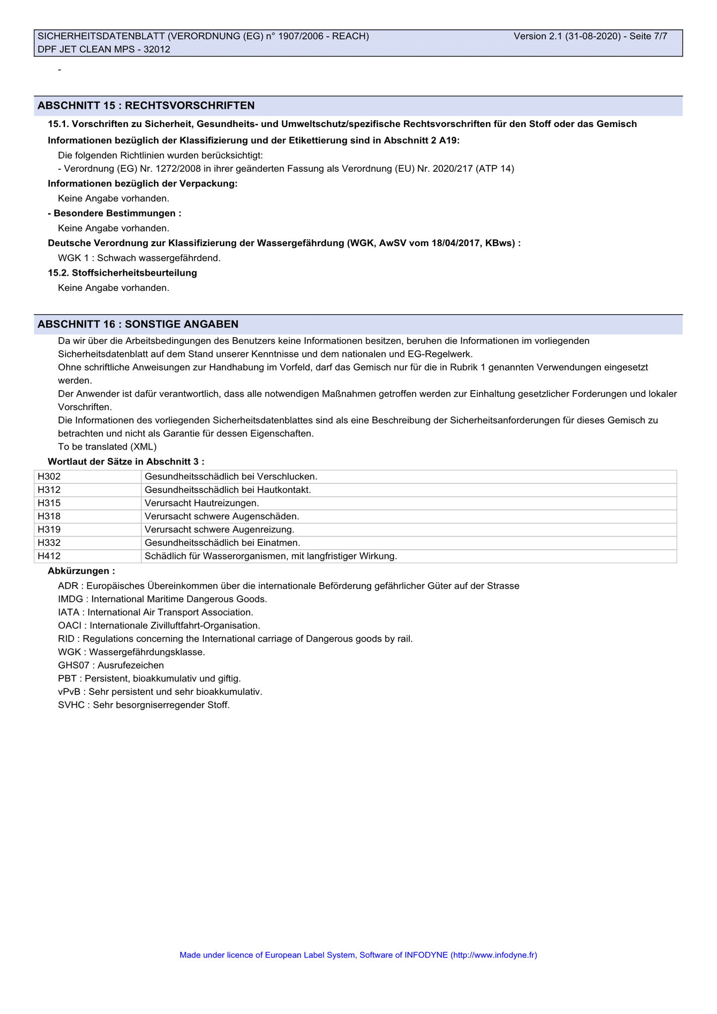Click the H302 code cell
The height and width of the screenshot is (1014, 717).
(x=49, y=476)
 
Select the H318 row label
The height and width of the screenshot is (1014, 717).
(x=49, y=516)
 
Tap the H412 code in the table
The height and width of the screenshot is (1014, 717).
(x=49, y=556)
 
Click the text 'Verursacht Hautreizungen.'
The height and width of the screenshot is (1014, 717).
(x=201, y=503)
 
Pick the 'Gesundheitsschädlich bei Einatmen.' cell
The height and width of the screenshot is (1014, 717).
(x=222, y=543)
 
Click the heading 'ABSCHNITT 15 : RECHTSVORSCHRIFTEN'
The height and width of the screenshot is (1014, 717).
(x=146, y=106)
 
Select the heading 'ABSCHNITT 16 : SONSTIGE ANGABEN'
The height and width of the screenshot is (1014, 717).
(x=138, y=324)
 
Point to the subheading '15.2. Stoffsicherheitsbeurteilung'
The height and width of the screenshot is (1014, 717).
(x=122, y=273)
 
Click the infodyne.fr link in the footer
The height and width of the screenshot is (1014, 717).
(x=493, y=955)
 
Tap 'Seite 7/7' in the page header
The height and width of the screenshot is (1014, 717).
(x=648, y=36)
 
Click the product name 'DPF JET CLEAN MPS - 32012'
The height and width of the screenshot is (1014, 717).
(x=104, y=49)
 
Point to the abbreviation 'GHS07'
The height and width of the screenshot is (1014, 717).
(x=73, y=665)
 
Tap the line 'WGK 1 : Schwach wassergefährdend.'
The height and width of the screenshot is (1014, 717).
(x=139, y=258)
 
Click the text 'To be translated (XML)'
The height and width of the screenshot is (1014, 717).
(x=107, y=447)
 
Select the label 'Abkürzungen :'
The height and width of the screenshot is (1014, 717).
(x=81, y=571)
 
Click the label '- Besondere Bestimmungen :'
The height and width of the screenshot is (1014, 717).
(x=114, y=213)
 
